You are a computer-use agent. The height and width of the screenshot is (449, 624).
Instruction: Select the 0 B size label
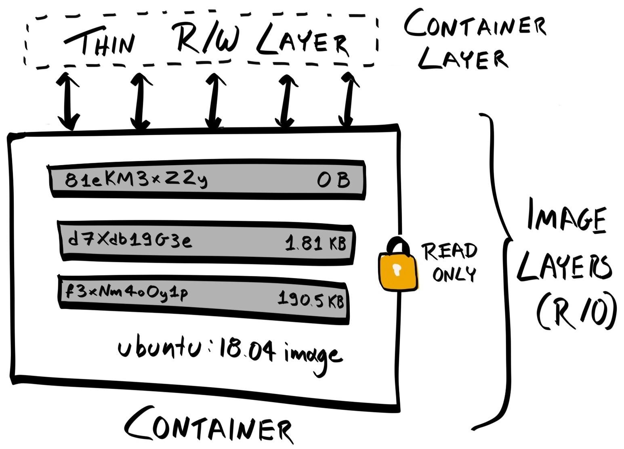tap(334, 180)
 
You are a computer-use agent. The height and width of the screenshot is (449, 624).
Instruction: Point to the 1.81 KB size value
tap(315, 243)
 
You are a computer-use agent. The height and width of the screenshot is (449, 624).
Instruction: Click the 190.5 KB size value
tap(311, 300)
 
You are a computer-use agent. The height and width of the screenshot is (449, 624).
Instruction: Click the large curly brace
tap(500, 271)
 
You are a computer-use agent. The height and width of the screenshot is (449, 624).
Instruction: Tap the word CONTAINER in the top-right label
tap(475, 25)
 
